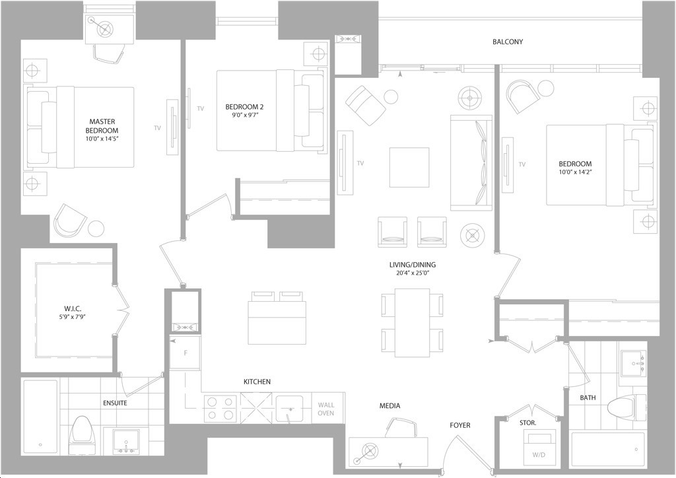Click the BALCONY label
508,42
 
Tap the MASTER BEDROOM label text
102,126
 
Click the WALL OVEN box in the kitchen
326,409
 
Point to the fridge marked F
185,353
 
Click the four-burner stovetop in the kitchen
220,408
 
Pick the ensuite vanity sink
126,442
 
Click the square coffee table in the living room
409,167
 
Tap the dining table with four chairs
412,323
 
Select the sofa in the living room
471,163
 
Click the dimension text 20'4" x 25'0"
412,273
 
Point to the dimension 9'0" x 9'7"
244,115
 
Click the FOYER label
460,425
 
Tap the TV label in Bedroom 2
201,109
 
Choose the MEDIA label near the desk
389,405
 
